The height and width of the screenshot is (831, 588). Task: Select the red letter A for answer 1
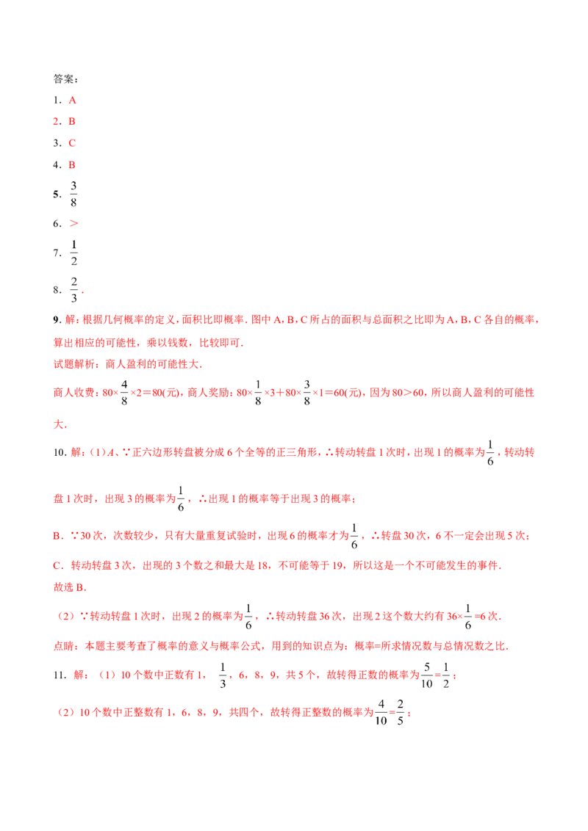(72, 100)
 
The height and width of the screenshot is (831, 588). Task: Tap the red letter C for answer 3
(72, 143)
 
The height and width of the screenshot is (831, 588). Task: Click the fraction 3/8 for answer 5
(73, 194)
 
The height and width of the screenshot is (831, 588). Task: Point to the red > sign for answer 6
(73, 224)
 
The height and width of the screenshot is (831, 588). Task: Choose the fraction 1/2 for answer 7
(73, 253)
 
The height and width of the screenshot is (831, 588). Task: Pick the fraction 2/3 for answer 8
(73, 290)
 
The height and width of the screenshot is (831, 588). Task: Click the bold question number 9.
(57, 319)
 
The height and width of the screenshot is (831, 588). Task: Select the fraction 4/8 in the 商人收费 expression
(124, 393)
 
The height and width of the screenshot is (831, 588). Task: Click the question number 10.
(60, 452)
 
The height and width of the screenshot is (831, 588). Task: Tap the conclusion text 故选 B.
(70, 587)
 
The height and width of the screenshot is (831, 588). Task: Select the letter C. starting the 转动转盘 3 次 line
(58, 565)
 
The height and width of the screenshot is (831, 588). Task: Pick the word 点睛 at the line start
(64, 646)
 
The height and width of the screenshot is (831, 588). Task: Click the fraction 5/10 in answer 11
(427, 675)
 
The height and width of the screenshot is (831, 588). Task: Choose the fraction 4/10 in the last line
(381, 712)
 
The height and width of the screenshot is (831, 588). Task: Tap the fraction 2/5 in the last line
(400, 712)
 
